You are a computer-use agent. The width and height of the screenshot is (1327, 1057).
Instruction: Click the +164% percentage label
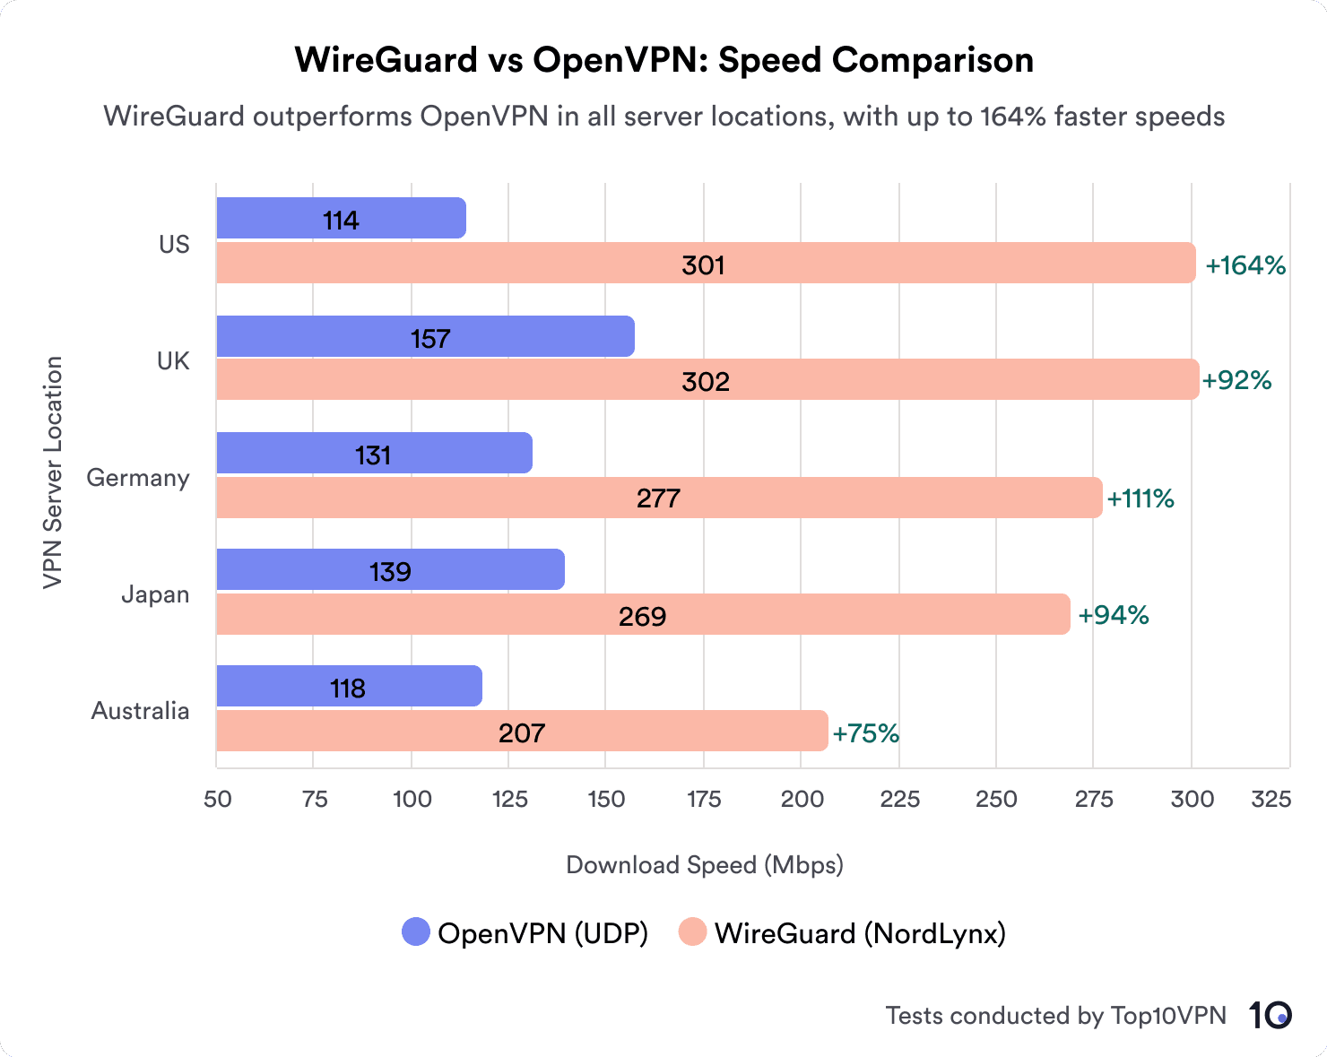click(1245, 265)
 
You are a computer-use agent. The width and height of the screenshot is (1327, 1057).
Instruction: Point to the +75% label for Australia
click(865, 733)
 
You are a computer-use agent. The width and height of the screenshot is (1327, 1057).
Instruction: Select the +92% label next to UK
click(1237, 380)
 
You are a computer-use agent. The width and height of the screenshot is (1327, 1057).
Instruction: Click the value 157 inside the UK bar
click(430, 339)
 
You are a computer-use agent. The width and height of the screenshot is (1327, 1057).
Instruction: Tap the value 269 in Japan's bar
click(642, 617)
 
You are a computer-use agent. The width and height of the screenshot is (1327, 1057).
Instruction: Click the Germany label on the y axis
click(138, 478)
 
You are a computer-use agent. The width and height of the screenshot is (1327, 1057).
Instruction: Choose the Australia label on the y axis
click(141, 711)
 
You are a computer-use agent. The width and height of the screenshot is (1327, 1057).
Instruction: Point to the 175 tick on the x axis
click(704, 799)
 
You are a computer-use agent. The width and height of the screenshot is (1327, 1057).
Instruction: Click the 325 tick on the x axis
click(1271, 799)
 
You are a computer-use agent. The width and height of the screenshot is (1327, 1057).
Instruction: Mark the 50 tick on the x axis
click(217, 799)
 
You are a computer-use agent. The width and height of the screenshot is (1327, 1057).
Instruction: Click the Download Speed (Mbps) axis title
click(705, 865)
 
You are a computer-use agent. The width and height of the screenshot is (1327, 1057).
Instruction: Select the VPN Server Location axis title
click(54, 472)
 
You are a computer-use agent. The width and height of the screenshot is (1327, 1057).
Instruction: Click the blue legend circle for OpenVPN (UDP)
click(417, 932)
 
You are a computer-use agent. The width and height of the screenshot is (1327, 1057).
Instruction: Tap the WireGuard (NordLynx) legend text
click(860, 933)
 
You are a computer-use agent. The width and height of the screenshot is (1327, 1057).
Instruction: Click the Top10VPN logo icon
click(1270, 1015)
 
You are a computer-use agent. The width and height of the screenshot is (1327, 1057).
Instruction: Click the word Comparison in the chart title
click(932, 60)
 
